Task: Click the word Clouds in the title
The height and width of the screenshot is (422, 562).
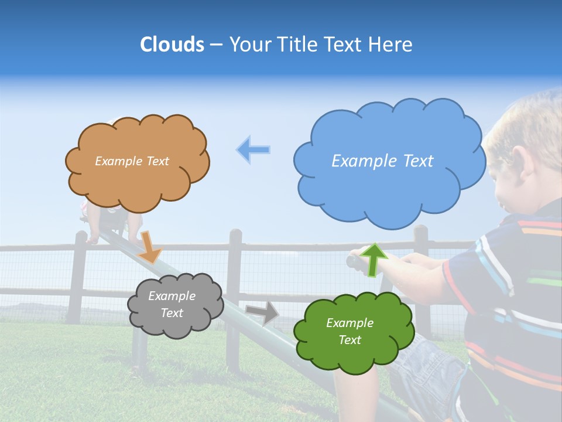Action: pos(172,45)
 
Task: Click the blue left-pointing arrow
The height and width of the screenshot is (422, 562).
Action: pos(253,149)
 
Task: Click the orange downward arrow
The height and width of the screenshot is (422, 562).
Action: pos(150,246)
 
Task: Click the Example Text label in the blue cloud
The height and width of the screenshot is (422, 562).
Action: pos(382,161)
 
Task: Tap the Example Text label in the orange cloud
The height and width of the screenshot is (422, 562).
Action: pos(132,161)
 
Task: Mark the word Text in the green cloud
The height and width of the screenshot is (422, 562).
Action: pos(349,340)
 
